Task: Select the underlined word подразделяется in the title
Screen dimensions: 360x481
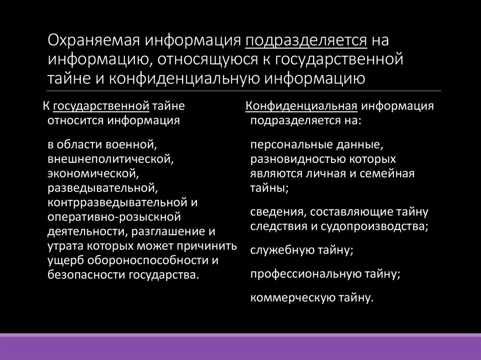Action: click(306, 40)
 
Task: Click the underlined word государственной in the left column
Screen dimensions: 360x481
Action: click(101, 106)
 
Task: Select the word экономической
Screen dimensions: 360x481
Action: click(92, 174)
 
